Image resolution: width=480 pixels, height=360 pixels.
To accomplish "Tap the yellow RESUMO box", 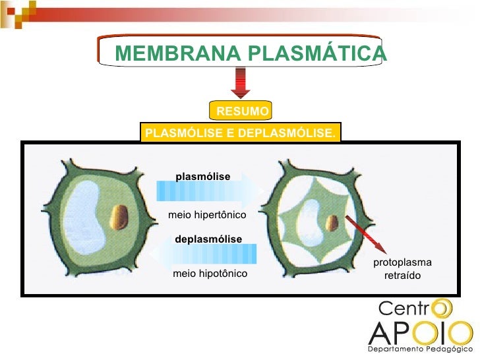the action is tap(241, 110).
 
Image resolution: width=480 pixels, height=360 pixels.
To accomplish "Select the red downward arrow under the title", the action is tap(241, 83).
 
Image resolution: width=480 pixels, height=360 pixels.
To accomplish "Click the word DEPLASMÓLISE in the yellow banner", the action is tap(287, 133).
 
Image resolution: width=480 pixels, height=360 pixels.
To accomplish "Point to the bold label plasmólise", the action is tap(203, 176).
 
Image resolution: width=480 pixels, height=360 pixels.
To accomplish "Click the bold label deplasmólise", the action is tap(208, 239).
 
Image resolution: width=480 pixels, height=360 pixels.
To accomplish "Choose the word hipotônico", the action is tap(223, 274).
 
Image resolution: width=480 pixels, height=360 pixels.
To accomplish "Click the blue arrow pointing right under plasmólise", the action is tap(210, 191).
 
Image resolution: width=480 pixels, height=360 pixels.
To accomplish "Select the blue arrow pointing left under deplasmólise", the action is tap(203, 254).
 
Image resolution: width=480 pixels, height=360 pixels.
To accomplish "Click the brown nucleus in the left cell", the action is tap(119, 218).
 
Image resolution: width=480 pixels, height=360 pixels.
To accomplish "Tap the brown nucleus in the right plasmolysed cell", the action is tap(332, 223).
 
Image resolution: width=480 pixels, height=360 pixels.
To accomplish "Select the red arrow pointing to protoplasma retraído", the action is tap(366, 235).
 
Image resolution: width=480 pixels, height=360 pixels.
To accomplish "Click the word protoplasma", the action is tap(402, 262).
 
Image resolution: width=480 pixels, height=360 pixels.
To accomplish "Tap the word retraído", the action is tap(402, 275).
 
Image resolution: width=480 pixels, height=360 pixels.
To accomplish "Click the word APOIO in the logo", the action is tap(421, 333).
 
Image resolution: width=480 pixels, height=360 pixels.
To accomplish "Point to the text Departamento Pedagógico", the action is tap(420, 349).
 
